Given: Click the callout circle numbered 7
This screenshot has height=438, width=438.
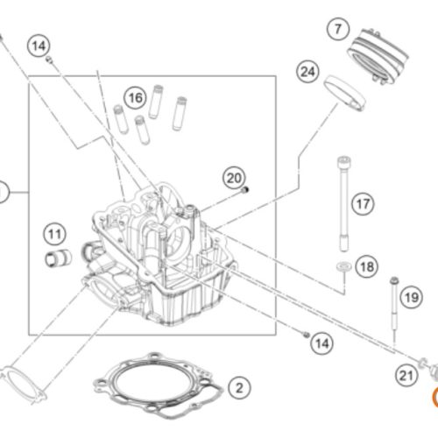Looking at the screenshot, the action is point(338,29).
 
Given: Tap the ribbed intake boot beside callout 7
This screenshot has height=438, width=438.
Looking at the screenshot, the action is point(378,56).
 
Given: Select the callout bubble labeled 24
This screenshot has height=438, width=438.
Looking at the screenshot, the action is point(308,72).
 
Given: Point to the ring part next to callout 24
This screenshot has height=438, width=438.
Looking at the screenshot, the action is point(344,93).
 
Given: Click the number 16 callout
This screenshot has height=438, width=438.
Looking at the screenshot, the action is point(136,98).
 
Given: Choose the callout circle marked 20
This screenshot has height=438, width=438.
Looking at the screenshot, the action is point(234,178).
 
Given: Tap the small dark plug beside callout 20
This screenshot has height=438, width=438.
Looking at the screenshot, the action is point(245,190).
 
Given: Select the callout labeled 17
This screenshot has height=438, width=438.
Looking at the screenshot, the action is point(363,204).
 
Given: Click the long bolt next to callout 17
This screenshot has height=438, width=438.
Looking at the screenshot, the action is point(344,204).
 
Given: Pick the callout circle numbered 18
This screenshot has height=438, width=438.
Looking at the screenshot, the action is point(367,266).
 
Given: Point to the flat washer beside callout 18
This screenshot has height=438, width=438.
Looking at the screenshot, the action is point(344,266).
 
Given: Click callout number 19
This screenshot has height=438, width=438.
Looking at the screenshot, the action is point(412,298).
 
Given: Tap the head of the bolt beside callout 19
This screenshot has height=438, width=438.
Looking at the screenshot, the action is point(394,281).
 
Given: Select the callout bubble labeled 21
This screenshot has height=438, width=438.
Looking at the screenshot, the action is point(406,376).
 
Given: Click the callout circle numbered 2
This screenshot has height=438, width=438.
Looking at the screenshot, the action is point(239,388).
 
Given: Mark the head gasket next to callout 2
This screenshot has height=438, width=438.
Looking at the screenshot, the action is point(158,385).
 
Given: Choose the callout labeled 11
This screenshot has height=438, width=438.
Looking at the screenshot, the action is point(55,234).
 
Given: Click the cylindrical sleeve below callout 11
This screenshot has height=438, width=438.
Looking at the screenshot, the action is point(59,258).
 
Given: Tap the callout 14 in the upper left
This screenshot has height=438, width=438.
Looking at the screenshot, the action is point(39,46).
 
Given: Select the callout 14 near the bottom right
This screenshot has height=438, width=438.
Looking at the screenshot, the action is point(321,343).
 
